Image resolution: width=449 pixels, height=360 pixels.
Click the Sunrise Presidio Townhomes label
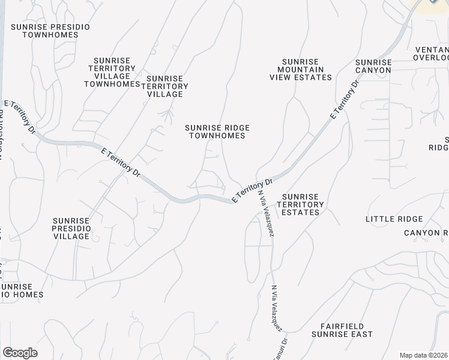[50, 30]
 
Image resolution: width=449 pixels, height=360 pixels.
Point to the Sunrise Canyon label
[373, 66]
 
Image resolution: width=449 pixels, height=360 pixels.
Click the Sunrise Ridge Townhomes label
[217, 131]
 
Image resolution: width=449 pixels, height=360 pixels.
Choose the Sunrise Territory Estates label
[303, 204]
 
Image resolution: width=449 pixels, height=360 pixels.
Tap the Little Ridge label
[394, 219]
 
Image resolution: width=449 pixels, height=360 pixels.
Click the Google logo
[19, 353]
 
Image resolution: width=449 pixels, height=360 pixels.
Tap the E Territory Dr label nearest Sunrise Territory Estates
[252, 190]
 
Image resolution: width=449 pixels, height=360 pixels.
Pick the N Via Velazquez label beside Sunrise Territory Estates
[267, 214]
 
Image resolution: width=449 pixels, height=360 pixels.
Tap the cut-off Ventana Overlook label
[430, 53]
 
